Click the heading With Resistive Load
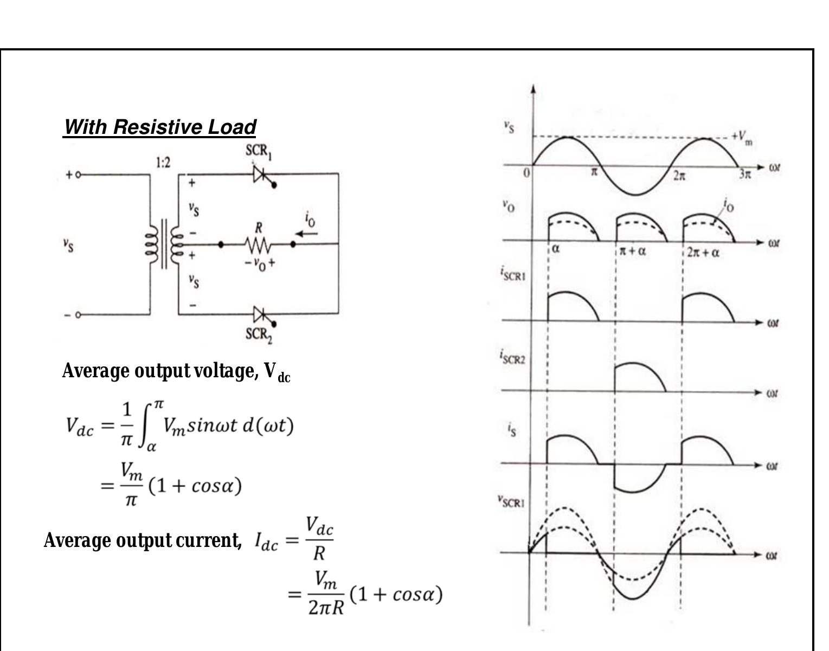click(x=159, y=127)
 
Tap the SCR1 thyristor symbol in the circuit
click(x=261, y=174)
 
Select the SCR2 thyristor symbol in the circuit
click(x=261, y=314)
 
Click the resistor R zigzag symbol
click(x=258, y=245)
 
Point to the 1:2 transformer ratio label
click(x=163, y=162)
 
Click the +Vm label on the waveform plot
click(x=741, y=137)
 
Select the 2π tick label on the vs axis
click(x=679, y=176)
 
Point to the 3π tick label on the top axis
click(x=745, y=175)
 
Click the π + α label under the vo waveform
click(x=632, y=251)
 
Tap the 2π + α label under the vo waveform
click(x=703, y=253)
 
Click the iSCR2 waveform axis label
click(x=512, y=357)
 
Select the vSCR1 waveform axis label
click(x=511, y=501)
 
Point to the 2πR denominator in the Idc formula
click(x=326, y=608)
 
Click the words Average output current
click(x=143, y=540)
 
